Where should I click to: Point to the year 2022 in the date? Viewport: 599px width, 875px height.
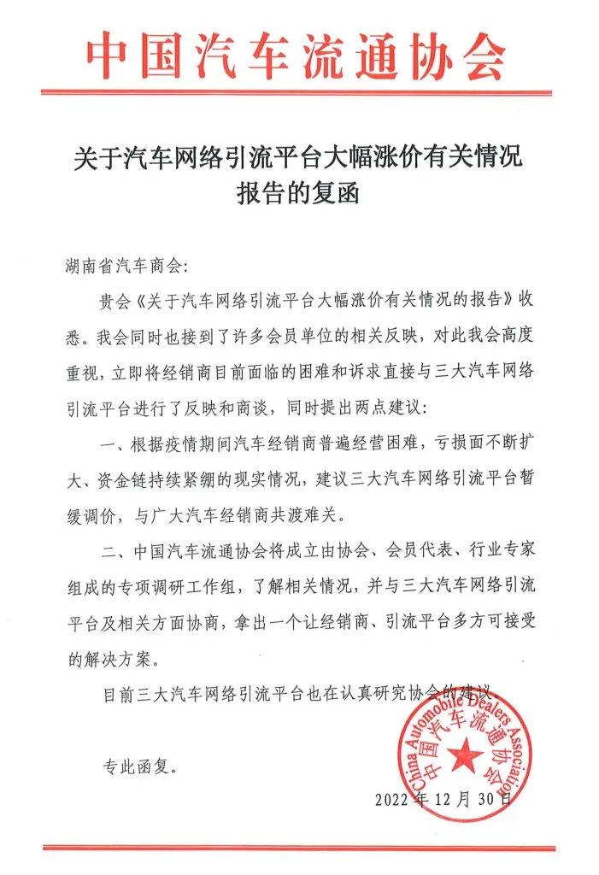coord(393,801)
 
